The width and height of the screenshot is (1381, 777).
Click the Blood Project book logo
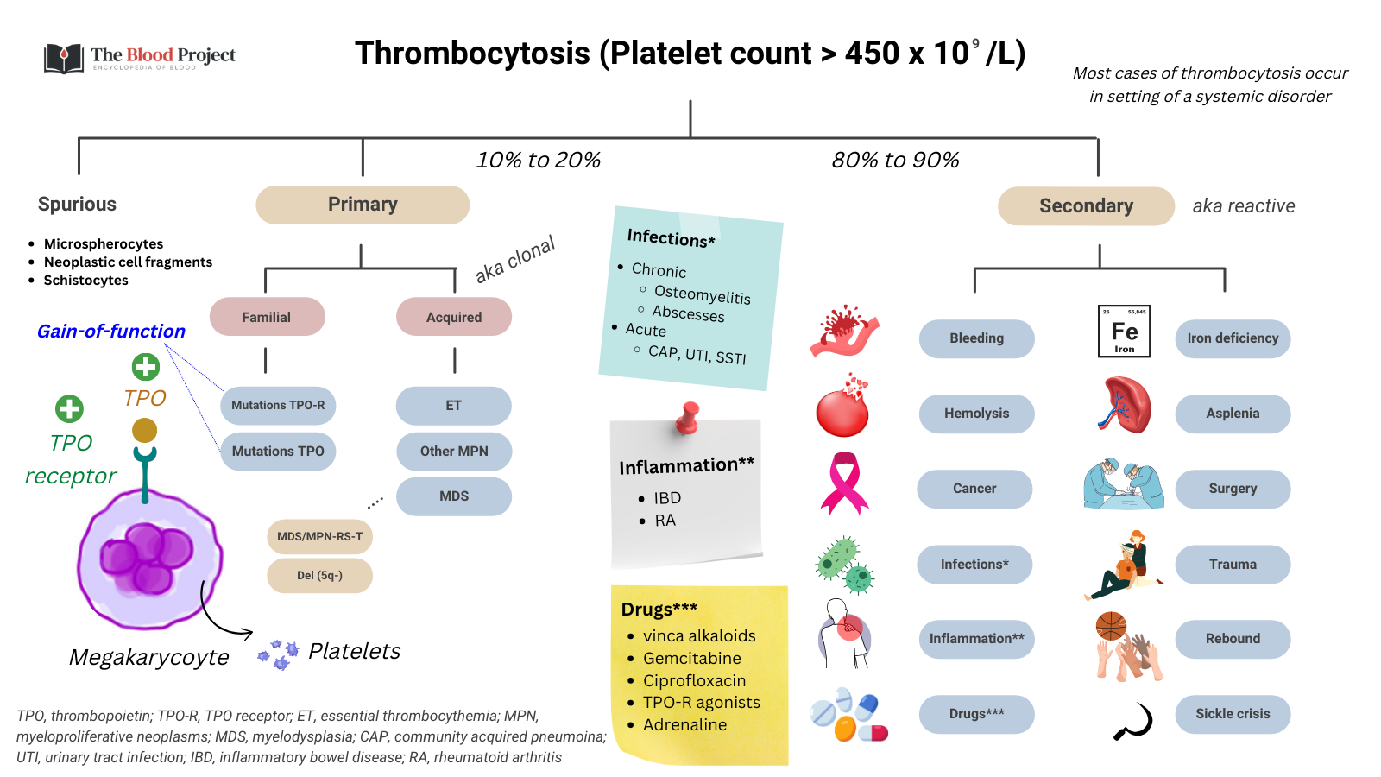point(63,58)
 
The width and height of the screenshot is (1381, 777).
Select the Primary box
point(363,205)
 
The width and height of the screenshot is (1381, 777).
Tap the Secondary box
point(1086,206)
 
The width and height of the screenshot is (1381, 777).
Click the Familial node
point(267,317)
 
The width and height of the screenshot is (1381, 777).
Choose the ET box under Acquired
point(453,405)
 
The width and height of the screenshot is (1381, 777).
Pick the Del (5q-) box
point(319,575)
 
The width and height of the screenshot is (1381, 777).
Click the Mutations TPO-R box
point(278,405)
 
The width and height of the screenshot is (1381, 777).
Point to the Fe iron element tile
point(1124,331)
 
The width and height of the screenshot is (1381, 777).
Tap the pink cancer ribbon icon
point(844,483)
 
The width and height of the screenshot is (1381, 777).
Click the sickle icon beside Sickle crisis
point(1134,721)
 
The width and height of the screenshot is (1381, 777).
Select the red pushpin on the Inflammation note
point(688,417)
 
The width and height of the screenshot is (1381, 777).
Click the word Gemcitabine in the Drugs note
point(691,658)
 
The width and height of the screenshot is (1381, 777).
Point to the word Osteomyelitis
point(702,294)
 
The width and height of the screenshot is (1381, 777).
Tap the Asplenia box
point(1233,414)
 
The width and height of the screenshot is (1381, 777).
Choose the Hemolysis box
point(976,414)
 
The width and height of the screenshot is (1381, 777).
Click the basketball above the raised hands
point(1111,625)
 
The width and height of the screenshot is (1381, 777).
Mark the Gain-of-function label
point(111,332)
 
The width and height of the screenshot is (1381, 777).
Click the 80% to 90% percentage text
point(895,161)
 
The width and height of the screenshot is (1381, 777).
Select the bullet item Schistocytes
point(85,280)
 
